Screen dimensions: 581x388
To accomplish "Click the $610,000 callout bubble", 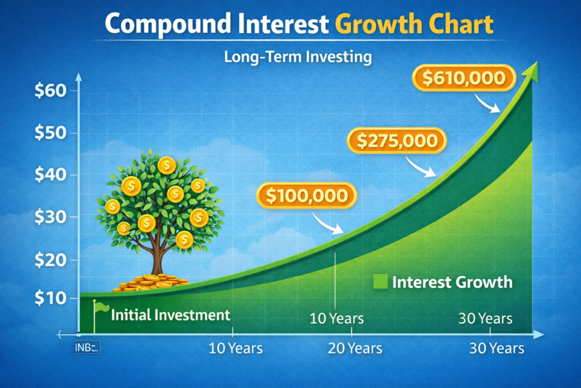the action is pyautogui.click(x=464, y=78).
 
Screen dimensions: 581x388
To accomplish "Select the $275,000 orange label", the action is pyautogui.click(x=397, y=140).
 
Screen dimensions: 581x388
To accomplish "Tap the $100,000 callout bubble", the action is pyautogui.click(x=306, y=195).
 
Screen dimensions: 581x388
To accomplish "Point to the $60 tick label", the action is pyautogui.click(x=50, y=90).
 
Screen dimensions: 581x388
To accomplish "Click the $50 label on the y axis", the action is pyautogui.click(x=50, y=132).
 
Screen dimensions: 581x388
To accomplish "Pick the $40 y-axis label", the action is pyautogui.click(x=50, y=174).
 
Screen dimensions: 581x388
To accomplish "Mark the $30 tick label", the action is pyautogui.click(x=50, y=216).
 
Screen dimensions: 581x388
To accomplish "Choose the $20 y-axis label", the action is pyautogui.click(x=50, y=260).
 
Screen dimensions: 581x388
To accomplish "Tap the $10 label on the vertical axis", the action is pyautogui.click(x=50, y=298).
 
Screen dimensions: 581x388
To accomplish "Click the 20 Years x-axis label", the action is pyautogui.click(x=355, y=348).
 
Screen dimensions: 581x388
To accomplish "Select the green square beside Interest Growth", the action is pyautogui.click(x=380, y=282).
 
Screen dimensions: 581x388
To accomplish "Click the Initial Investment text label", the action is pyautogui.click(x=170, y=315).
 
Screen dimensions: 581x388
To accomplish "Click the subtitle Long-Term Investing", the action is pyautogui.click(x=298, y=57).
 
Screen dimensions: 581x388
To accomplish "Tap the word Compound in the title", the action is pyautogui.click(x=168, y=24).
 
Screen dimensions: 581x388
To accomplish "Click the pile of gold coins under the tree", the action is pyautogui.click(x=149, y=282).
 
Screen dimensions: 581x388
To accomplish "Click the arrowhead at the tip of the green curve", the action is pyautogui.click(x=531, y=72).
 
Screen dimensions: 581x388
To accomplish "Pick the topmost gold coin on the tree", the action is pyautogui.click(x=167, y=165).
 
